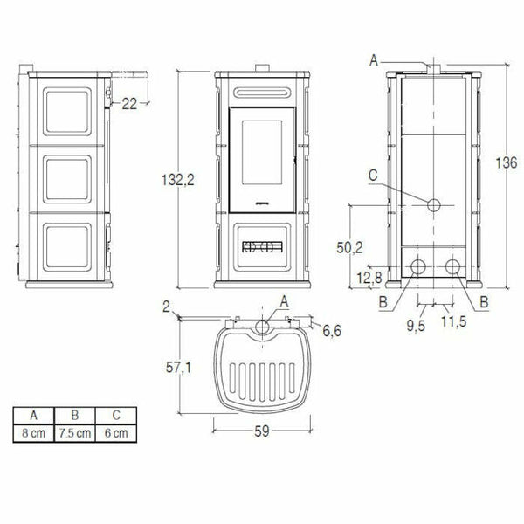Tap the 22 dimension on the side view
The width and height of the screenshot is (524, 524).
point(129,104)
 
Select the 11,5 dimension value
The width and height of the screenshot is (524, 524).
point(452,321)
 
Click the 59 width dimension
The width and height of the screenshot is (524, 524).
point(261,429)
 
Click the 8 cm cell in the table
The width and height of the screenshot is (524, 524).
point(35,431)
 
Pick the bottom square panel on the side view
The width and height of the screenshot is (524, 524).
point(65,247)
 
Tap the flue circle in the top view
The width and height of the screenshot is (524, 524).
point(262,327)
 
